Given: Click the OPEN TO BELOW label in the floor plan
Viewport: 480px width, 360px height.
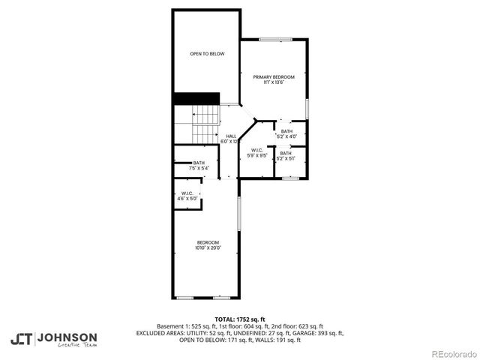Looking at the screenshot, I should click(207, 54).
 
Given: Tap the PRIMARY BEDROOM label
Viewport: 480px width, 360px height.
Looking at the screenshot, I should click(273, 79).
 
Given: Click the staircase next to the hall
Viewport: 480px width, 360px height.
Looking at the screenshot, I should click(204, 124).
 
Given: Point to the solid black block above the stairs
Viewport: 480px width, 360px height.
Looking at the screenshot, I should click(196, 99).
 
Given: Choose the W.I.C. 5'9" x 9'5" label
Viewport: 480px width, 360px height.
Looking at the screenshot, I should click(259, 153).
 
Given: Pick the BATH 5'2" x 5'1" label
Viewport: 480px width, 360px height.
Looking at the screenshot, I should click(286, 155).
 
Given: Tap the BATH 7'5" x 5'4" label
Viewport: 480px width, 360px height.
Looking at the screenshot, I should click(199, 166).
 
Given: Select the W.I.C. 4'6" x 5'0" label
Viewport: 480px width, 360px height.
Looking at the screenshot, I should click(187, 196).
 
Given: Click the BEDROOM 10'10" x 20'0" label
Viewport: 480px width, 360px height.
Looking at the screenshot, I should click(208, 244).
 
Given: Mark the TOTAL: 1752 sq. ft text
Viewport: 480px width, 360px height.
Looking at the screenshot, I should click(239, 319).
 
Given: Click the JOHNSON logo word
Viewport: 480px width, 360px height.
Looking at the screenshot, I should click(67, 337).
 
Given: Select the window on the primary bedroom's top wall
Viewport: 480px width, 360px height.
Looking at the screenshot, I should click(275, 38).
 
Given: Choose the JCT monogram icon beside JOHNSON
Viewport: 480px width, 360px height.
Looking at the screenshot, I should click(22, 339).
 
